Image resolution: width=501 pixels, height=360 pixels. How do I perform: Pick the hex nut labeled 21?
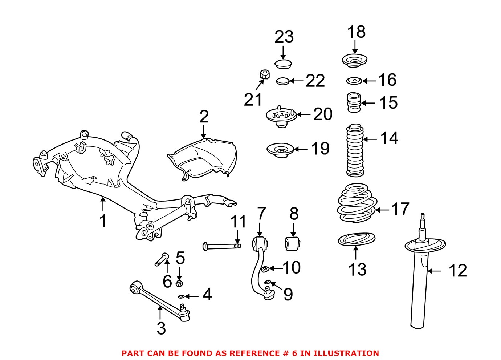(264, 75)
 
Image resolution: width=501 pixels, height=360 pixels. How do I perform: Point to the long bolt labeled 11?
(221, 246)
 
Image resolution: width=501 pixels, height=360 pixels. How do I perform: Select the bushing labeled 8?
(293, 243)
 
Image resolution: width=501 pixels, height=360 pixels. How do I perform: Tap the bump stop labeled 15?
(354, 102)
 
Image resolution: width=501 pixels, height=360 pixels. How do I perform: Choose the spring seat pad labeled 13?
(356, 240)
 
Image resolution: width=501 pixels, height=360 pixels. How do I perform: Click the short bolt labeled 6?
(162, 259)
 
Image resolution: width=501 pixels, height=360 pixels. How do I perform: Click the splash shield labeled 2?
(203, 160)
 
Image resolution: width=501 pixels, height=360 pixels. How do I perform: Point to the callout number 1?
(103, 221)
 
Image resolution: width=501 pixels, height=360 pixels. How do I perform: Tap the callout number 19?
(320, 149)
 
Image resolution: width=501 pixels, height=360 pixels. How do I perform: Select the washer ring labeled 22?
(282, 81)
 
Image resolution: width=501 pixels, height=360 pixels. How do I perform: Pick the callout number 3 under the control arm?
(161, 328)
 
